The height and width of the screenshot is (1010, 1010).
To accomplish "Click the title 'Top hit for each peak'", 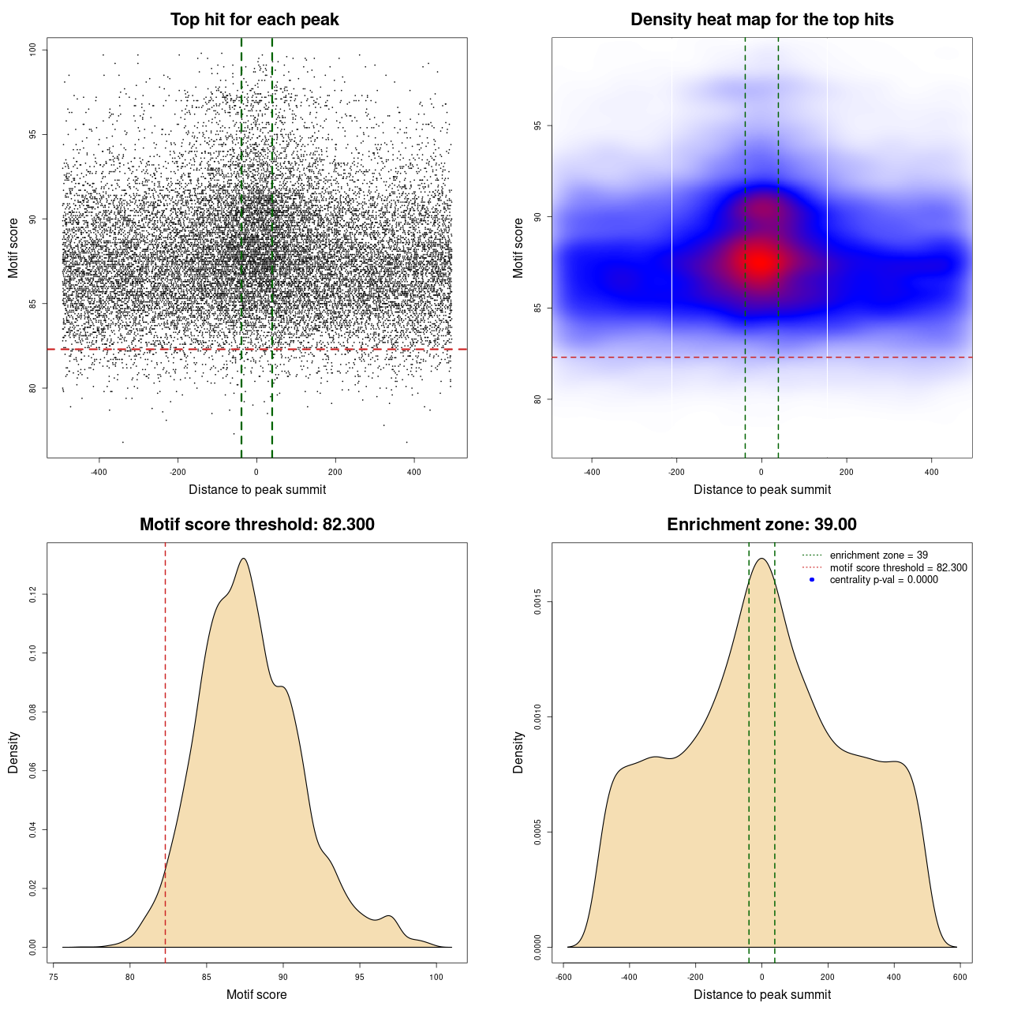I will click(x=255, y=20).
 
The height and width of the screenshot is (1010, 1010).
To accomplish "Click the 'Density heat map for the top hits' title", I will click(x=761, y=20).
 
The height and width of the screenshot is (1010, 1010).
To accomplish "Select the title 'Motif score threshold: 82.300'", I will click(x=256, y=525).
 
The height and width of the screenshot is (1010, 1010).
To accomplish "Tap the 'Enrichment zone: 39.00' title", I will click(x=761, y=525).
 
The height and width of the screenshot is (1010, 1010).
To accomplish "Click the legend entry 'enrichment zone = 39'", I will click(x=878, y=555).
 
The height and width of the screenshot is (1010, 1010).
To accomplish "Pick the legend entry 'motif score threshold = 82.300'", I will click(x=898, y=567).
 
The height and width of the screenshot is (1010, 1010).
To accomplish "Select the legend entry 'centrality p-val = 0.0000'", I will click(x=884, y=580).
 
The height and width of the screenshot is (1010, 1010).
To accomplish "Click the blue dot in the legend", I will click(x=812, y=580).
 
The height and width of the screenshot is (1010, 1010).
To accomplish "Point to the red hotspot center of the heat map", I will click(x=761, y=261).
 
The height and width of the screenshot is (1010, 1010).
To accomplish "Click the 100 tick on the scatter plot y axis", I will click(x=33, y=50).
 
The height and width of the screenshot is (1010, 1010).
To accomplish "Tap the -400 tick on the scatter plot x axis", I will click(x=99, y=472).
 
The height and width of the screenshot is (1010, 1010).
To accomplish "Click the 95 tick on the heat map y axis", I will click(x=538, y=125).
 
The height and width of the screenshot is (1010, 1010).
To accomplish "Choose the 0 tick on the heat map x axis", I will click(x=761, y=472).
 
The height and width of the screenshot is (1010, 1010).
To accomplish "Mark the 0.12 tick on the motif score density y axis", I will click(x=33, y=594).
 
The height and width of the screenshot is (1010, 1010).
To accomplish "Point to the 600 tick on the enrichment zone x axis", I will click(x=959, y=977).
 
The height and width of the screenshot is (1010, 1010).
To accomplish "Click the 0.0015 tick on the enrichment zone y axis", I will click(x=538, y=602).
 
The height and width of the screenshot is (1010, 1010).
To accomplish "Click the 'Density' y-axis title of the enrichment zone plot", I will click(x=518, y=752).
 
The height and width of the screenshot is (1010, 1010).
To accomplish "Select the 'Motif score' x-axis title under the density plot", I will click(x=256, y=994).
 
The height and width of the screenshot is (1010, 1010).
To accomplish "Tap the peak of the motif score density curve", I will click(x=244, y=559).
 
